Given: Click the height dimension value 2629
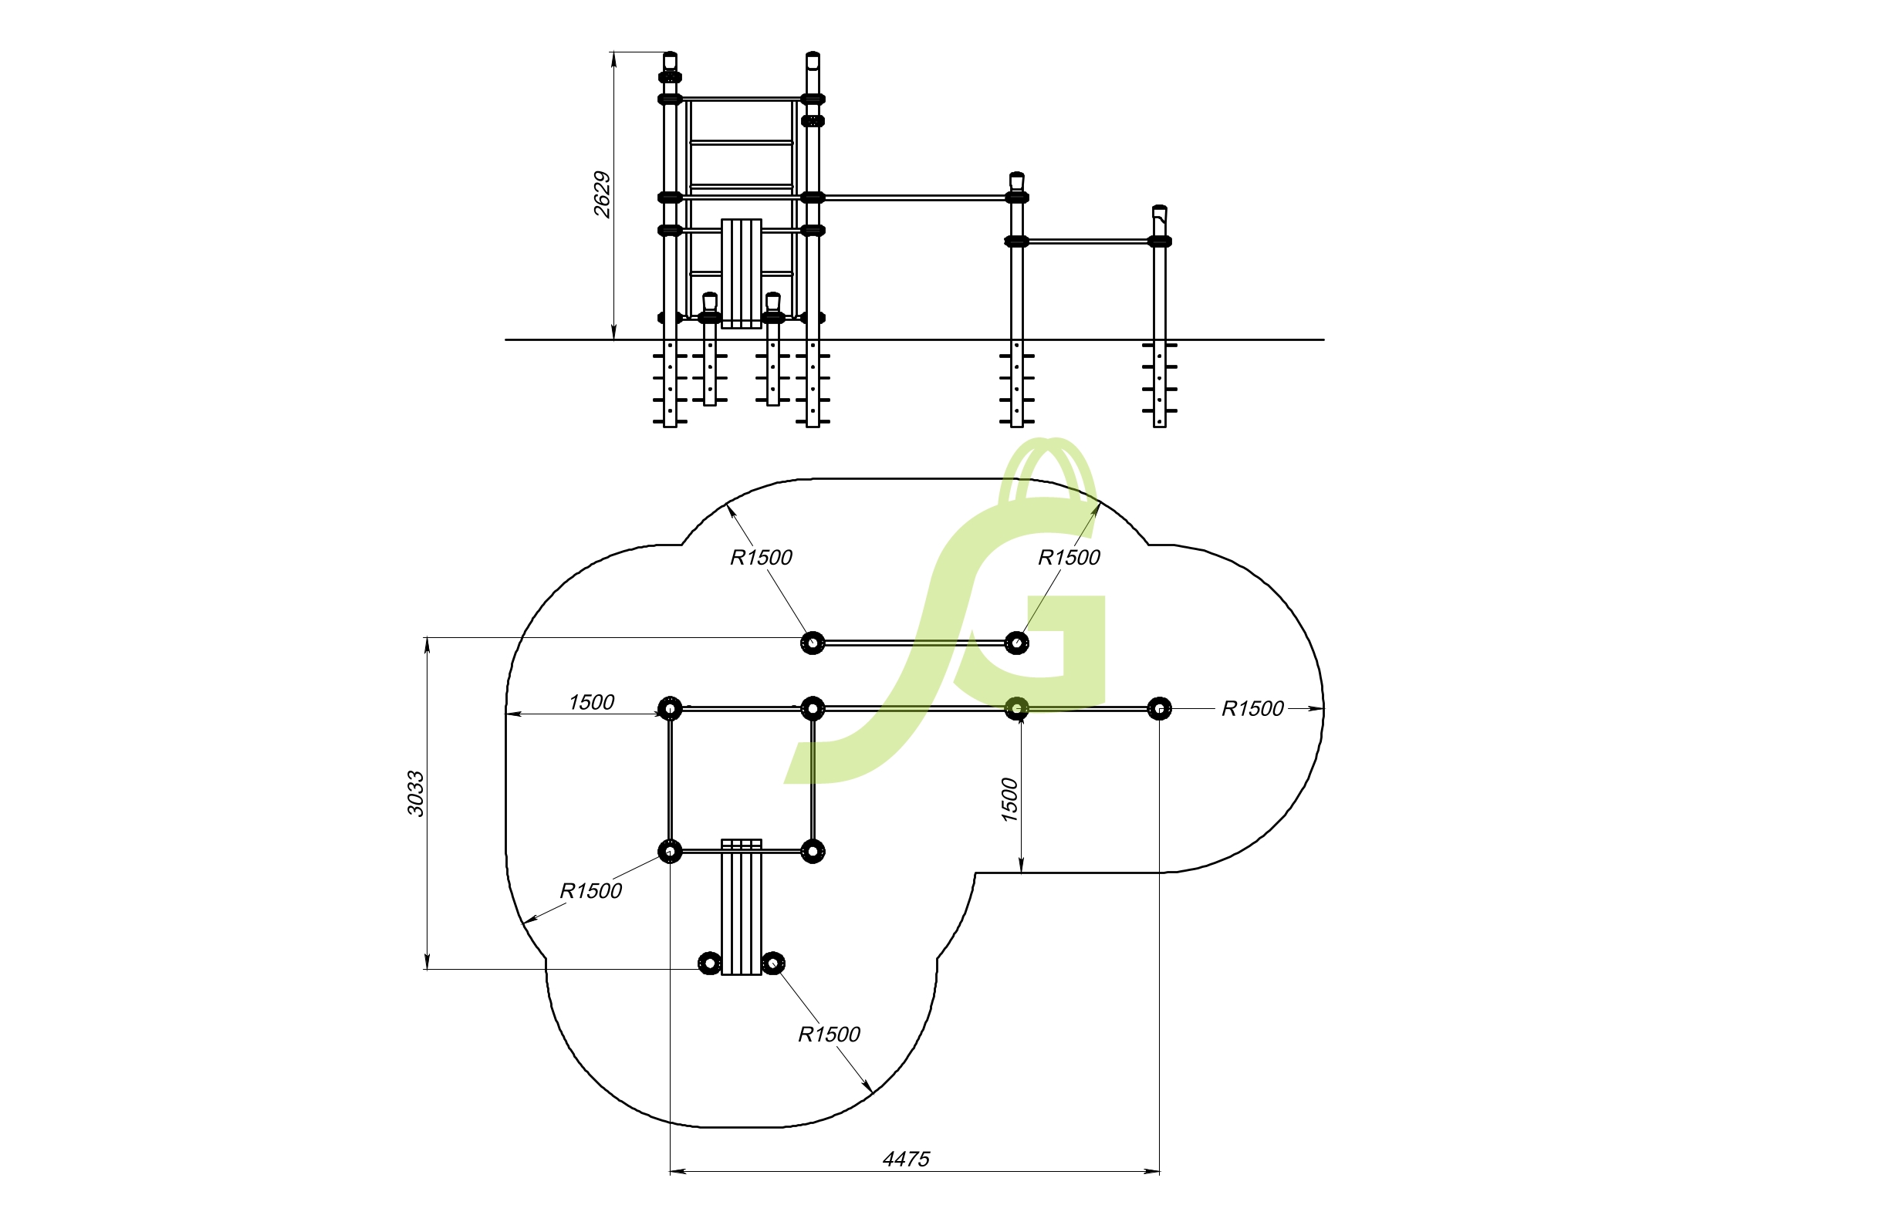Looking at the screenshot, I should point(603,194).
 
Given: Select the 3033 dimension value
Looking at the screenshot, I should point(416,794).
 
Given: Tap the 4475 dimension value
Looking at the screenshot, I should point(906,1160).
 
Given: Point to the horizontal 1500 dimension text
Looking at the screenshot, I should point(591,702).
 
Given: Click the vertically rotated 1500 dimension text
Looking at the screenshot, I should point(1009,800).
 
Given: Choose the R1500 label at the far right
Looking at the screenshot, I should point(1252,709).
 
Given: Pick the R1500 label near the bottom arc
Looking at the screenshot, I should point(829,1034).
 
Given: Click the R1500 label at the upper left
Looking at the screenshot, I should point(760,557).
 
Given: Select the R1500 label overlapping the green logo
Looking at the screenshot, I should point(1068,557).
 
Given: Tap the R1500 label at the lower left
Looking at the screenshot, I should point(590,890).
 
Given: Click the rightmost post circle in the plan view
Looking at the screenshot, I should point(1159,707).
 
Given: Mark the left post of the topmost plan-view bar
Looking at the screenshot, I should point(812,642).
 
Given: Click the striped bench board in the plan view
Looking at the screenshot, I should point(742,906).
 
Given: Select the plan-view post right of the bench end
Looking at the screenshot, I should point(773,964).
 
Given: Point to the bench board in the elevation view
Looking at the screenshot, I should point(742,273).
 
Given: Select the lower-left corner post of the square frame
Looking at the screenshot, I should point(670,852).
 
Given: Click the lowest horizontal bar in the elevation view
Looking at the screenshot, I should point(1087,241).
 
